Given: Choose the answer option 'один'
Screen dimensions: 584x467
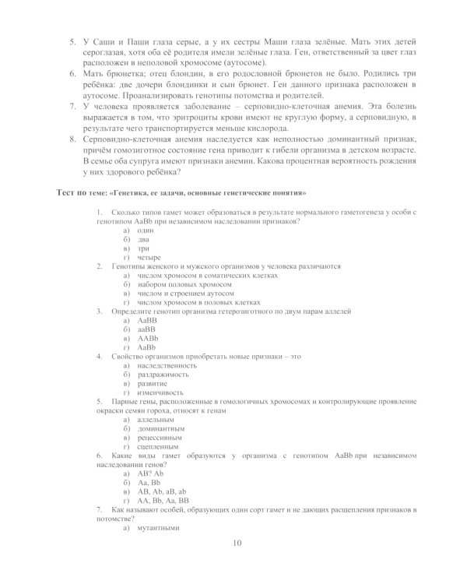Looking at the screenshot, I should tap(146, 231).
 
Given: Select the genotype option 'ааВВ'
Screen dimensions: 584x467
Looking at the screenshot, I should tap(147, 329).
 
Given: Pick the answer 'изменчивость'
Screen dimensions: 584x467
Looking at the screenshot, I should tap(163, 392).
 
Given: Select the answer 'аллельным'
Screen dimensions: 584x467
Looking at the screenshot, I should tap(156, 419).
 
